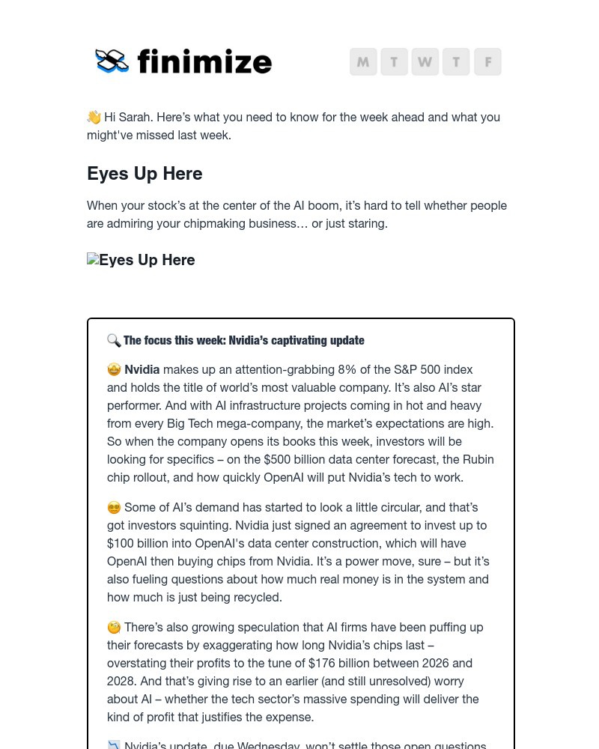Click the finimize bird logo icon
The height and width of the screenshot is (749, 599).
[112, 61]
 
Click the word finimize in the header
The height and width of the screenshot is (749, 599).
[204, 61]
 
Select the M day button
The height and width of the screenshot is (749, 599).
[363, 61]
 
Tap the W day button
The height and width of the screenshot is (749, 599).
[425, 61]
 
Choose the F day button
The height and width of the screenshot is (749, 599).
[487, 61]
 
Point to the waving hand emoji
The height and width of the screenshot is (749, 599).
[94, 117]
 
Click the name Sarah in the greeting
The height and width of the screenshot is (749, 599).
[134, 117]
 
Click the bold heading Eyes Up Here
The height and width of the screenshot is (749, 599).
[145, 174]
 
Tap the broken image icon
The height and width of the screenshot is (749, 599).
[93, 260]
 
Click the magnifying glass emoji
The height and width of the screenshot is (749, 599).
[114, 341]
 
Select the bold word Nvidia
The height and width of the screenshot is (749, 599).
[142, 369]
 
